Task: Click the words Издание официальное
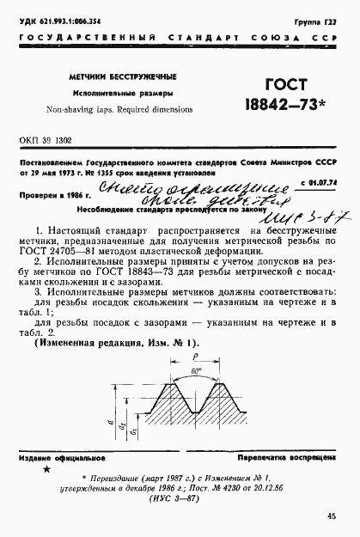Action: [x=58, y=460]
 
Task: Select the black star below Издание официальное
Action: [x=46, y=473]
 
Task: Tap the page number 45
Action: [x=331, y=518]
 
